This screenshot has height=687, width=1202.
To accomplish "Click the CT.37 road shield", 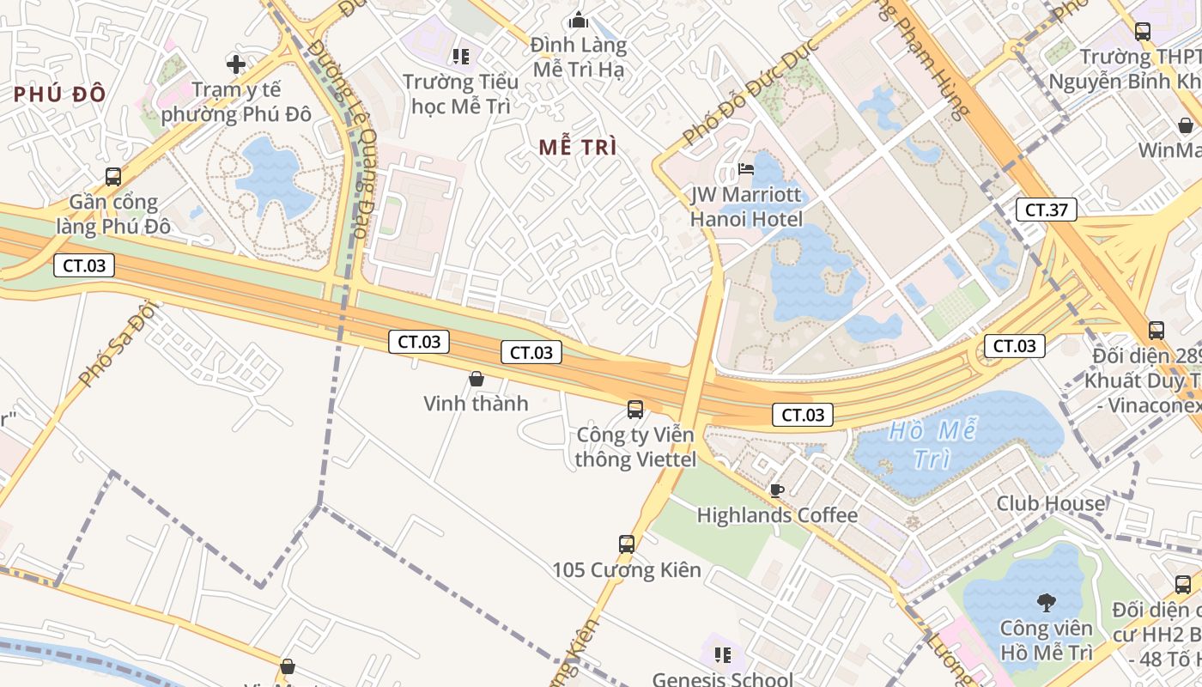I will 1046,209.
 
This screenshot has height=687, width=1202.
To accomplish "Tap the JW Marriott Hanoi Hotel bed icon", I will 747,168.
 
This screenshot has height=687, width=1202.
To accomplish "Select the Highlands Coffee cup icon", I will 776,490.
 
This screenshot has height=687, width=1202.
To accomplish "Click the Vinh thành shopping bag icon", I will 477,378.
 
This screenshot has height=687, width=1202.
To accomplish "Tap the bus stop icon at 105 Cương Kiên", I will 627,544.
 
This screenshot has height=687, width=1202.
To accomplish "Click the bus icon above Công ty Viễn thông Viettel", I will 635,410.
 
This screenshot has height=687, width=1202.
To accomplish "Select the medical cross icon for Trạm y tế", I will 236,64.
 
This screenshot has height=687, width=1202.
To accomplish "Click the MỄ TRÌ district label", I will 578,147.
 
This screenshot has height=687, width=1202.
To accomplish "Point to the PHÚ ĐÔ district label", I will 59,94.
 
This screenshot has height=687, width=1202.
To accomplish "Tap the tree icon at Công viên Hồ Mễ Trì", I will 1046,602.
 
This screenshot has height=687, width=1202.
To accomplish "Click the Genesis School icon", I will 723,656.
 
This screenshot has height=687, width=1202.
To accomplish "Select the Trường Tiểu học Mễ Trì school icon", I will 461,57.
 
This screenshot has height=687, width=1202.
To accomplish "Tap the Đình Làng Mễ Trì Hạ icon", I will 579,19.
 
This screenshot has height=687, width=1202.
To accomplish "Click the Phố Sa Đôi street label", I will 118,343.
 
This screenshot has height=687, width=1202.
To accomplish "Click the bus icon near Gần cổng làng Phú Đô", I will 113,177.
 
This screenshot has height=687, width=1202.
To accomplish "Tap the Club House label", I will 1051,503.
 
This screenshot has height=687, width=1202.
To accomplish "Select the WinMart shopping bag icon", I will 1186,125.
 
